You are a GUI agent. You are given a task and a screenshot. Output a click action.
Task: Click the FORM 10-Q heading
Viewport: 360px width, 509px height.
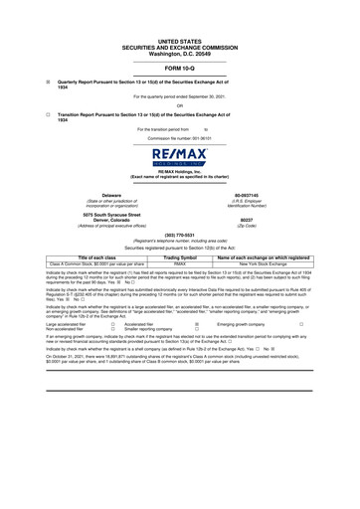pos(179,66)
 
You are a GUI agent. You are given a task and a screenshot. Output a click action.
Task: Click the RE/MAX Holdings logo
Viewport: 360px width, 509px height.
pos(179,159)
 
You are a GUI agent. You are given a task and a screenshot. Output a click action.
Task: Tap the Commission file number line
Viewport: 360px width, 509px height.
pos(179,136)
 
